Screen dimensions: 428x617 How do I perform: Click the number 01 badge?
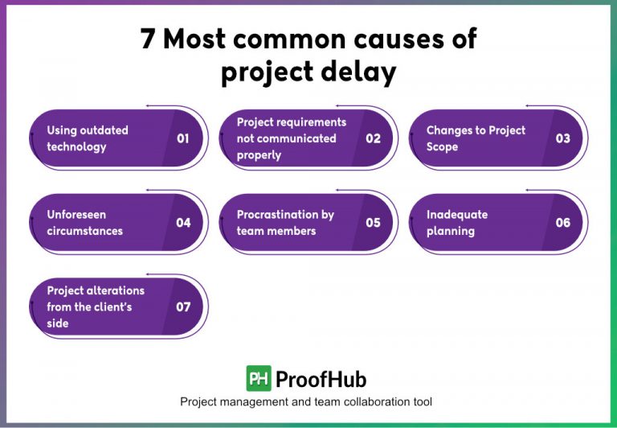[x=183, y=138]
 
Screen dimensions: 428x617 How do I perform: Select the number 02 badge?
[x=373, y=138]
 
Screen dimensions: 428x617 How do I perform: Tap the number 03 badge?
[x=562, y=138]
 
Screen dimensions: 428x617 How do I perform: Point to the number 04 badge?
[x=183, y=223]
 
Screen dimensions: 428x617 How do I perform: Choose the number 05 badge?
[x=373, y=223]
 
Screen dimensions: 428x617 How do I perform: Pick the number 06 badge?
[x=562, y=223]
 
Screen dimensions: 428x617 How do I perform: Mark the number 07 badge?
[x=183, y=307]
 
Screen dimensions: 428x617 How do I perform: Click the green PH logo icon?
[x=259, y=378]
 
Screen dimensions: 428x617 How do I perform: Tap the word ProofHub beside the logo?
[x=321, y=378]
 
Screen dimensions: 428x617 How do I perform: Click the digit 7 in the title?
[x=148, y=39]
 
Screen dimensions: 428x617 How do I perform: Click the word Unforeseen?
[x=76, y=215]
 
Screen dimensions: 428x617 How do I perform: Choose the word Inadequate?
[x=457, y=215]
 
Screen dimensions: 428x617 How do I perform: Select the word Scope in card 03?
[x=442, y=147]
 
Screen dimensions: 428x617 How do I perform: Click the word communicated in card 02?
[x=296, y=138]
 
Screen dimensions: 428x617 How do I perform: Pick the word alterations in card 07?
[x=116, y=290]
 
